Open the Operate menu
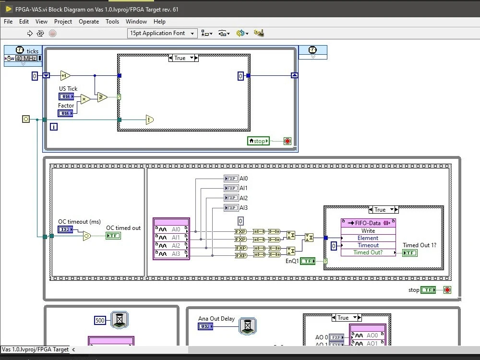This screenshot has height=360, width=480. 89,22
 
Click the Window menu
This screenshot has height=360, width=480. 136,22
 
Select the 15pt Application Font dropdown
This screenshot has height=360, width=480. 162,33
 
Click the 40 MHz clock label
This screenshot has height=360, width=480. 26,59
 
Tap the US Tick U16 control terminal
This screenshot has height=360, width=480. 66,96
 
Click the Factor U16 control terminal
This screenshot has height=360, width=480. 65,113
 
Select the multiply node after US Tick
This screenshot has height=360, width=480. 85,99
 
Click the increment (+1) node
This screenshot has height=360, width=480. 65,75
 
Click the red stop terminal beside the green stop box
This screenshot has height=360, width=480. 288,141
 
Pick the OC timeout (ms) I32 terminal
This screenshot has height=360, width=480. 65,230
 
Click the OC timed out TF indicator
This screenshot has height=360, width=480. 113,236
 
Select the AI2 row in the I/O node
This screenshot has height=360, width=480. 171,246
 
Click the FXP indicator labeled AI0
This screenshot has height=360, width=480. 231,179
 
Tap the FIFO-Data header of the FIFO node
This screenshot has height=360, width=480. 368,223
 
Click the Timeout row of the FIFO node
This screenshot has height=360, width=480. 368,245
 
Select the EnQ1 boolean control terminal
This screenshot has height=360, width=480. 308,261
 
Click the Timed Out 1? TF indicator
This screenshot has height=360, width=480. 409,253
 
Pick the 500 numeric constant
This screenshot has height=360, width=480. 100,321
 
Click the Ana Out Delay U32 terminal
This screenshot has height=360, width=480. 205,327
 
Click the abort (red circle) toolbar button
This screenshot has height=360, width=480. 53,33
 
